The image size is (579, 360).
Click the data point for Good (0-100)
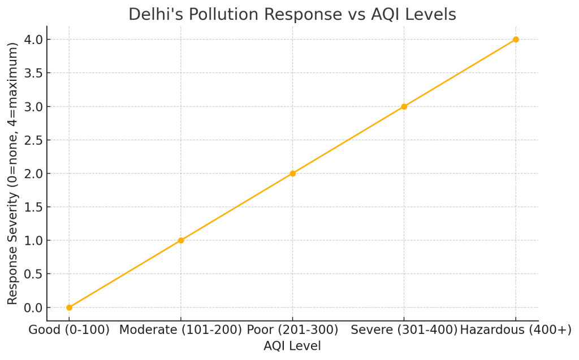coord(69,307)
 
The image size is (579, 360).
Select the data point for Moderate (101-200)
coord(181,240)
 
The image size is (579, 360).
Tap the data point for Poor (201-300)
coord(292,174)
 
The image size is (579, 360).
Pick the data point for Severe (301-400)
coord(404,106)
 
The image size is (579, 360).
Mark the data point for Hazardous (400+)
coord(516,40)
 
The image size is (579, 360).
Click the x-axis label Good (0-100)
coord(69,331)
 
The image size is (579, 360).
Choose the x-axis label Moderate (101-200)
coord(181,331)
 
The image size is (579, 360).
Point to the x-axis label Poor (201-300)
coord(292,331)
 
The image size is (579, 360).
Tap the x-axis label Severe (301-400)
coord(404,331)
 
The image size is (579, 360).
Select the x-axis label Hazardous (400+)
coord(516,331)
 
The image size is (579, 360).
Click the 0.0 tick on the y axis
coord(33,307)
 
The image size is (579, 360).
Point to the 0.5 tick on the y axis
coord(33,274)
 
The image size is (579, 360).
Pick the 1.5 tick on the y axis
coord(33,207)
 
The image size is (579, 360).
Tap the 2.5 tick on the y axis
coord(33,140)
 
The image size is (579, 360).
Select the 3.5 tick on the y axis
coord(33,73)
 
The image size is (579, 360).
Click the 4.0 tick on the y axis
coord(33,40)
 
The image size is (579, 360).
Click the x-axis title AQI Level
coord(292,346)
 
